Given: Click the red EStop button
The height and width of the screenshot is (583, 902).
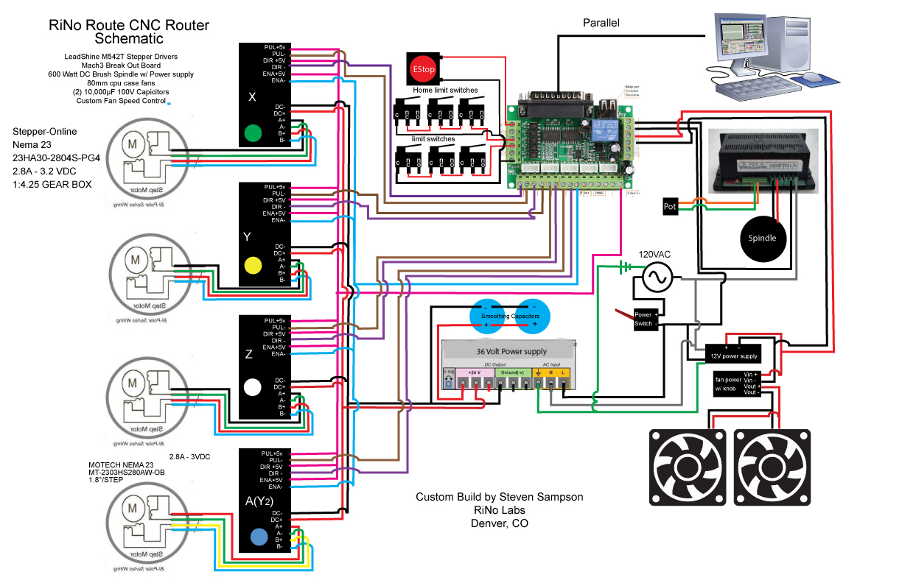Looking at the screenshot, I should click(423, 70).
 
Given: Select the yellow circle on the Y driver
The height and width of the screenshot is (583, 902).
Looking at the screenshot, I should click(254, 264).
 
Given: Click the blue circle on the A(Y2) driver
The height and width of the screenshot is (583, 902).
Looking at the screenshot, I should click(259, 537).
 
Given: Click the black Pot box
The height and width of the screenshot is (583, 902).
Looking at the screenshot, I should click(670, 206).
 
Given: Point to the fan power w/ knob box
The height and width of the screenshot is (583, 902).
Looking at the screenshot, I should click(737, 384).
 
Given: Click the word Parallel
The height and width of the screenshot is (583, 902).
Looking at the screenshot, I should click(601, 23).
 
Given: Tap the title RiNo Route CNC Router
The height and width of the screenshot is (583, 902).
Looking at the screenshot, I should click(129, 25).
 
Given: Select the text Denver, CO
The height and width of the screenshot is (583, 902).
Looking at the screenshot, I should click(500, 523).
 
